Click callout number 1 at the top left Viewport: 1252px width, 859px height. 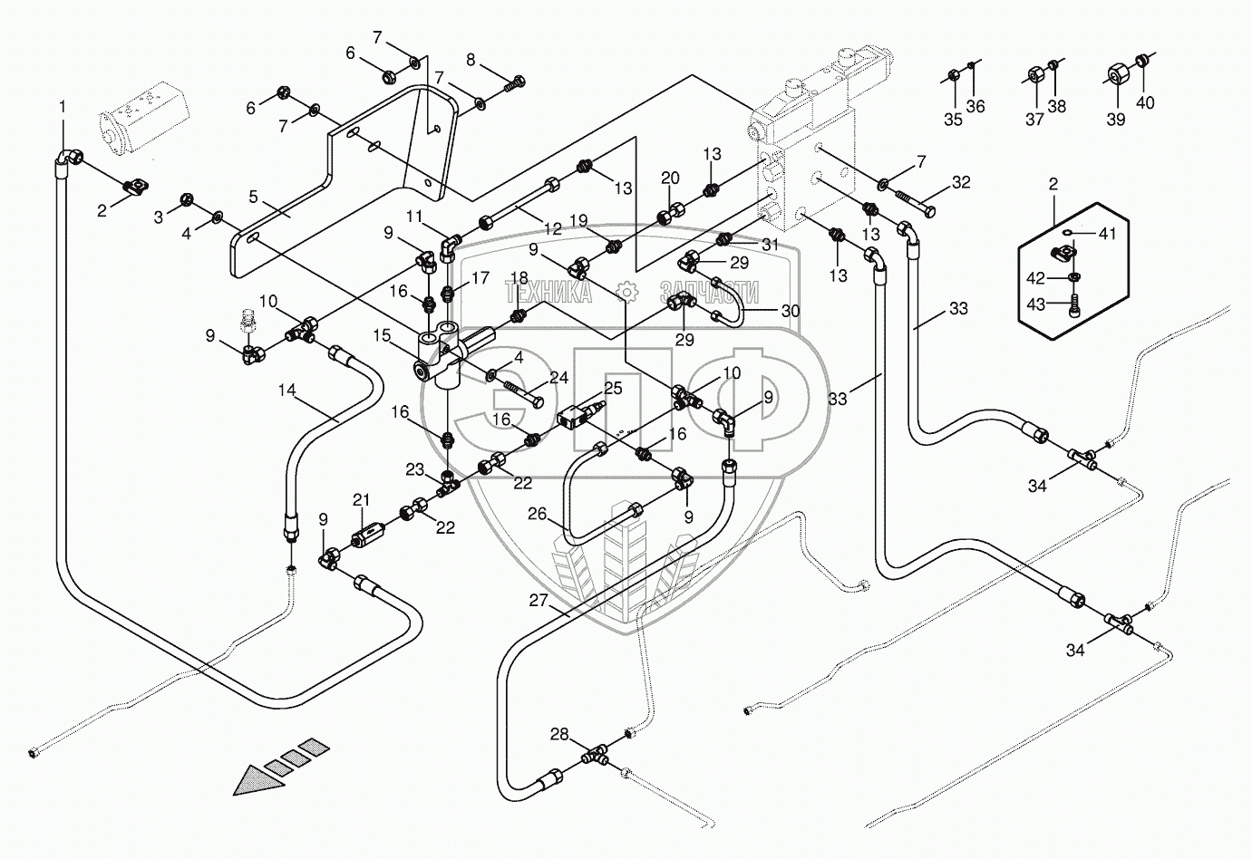pyautogui.click(x=63, y=107)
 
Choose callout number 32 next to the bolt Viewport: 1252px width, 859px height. pyautogui.click(x=961, y=182)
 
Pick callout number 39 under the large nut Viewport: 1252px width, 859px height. pyautogui.click(x=1115, y=119)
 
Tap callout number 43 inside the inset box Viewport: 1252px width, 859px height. pyautogui.click(x=1034, y=303)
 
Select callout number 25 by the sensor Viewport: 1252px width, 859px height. pyautogui.click(x=614, y=388)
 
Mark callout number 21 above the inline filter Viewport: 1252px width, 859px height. pyautogui.click(x=362, y=500)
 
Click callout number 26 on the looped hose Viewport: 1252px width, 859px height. pyautogui.click(x=538, y=514)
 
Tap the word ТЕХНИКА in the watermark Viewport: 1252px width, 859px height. pyautogui.click(x=548, y=291)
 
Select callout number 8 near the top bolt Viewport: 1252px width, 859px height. pyautogui.click(x=471, y=60)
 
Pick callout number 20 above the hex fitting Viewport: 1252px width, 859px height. pyautogui.click(x=669, y=177)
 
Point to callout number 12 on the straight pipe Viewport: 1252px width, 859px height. pyautogui.click(x=553, y=229)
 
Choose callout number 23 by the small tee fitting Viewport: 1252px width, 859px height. pyautogui.click(x=415, y=469)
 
